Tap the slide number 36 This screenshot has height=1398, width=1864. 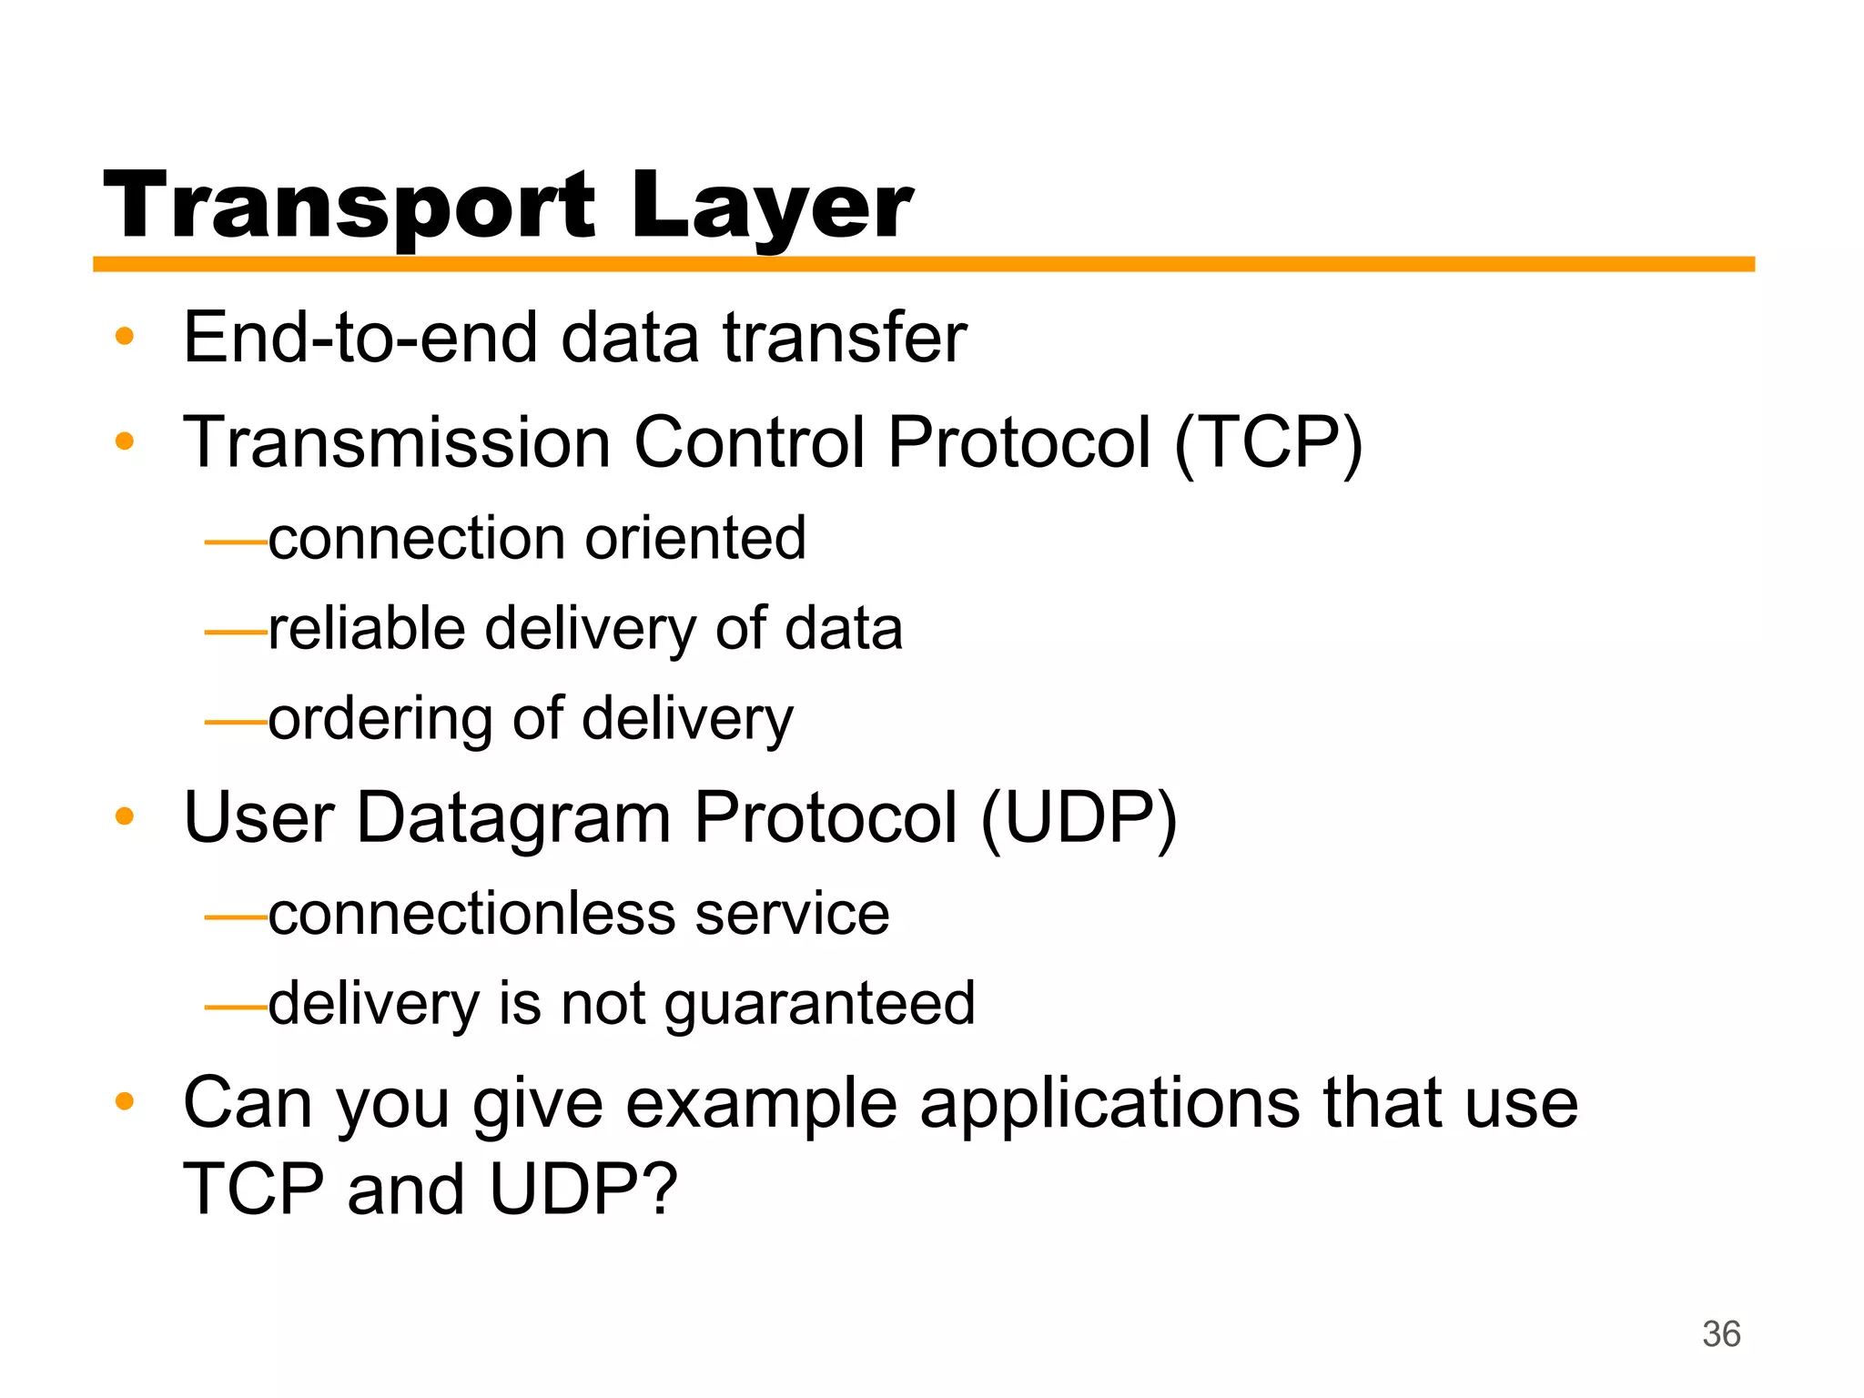click(1720, 1334)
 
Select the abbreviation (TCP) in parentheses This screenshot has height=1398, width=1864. click(1268, 442)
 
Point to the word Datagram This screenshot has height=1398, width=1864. click(513, 817)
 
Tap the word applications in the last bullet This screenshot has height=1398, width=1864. click(1109, 1104)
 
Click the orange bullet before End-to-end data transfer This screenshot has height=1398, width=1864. click(125, 337)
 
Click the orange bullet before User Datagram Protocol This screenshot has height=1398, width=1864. click(125, 816)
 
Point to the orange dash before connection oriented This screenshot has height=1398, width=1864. click(235, 542)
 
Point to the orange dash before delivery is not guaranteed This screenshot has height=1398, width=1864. click(235, 1008)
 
